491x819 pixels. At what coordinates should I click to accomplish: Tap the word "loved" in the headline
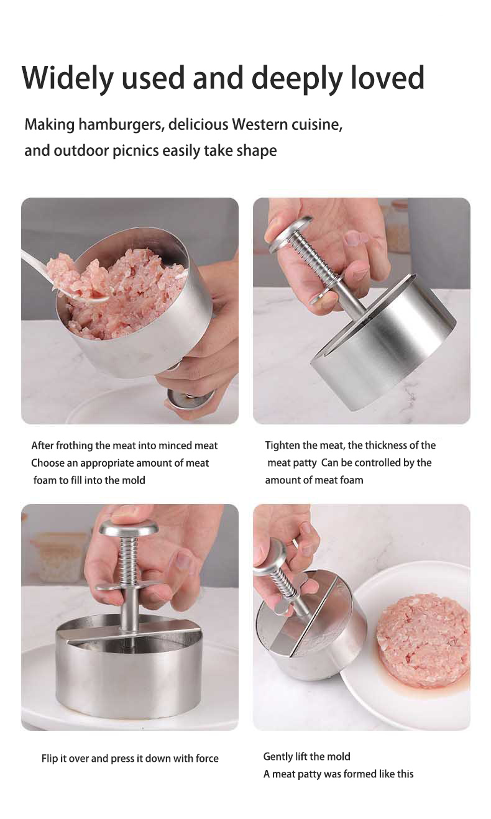[388, 77]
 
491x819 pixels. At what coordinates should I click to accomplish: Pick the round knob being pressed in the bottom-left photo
[129, 529]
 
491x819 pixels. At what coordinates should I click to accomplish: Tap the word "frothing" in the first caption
[74, 446]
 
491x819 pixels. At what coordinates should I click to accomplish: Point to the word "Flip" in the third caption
[49, 759]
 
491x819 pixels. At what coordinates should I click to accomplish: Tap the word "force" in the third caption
[207, 758]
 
